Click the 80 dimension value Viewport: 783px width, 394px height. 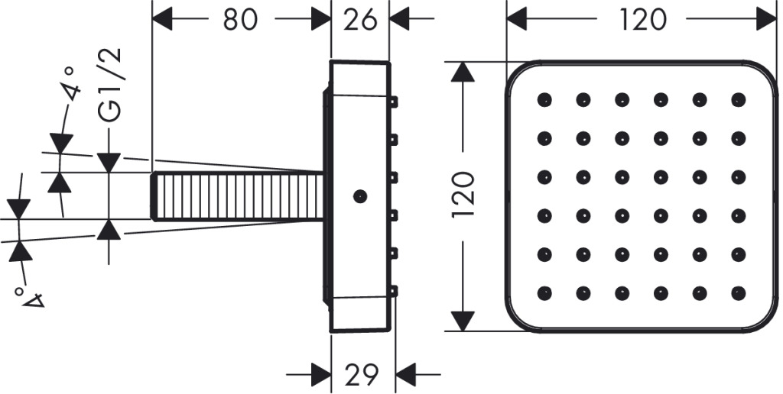[x=239, y=20]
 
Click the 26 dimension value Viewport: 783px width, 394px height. [x=360, y=20]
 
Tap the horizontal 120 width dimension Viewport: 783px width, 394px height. [x=642, y=20]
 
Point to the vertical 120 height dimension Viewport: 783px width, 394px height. [x=463, y=195]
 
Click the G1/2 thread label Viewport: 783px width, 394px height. [x=110, y=85]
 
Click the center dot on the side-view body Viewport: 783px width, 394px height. [x=360, y=196]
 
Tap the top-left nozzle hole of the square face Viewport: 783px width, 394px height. [x=544, y=100]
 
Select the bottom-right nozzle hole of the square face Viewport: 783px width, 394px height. [x=738, y=293]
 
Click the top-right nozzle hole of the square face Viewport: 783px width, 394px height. [x=738, y=100]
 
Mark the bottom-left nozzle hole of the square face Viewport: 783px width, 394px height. [x=544, y=293]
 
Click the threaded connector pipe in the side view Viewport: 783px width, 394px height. [x=237, y=196]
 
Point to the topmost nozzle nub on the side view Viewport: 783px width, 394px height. [x=394, y=102]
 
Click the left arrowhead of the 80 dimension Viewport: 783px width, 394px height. [x=162, y=20]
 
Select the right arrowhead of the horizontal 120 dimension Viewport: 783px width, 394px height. [x=766, y=20]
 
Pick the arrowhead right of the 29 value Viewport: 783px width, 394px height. [x=405, y=373]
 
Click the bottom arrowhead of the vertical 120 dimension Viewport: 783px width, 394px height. [x=463, y=321]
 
